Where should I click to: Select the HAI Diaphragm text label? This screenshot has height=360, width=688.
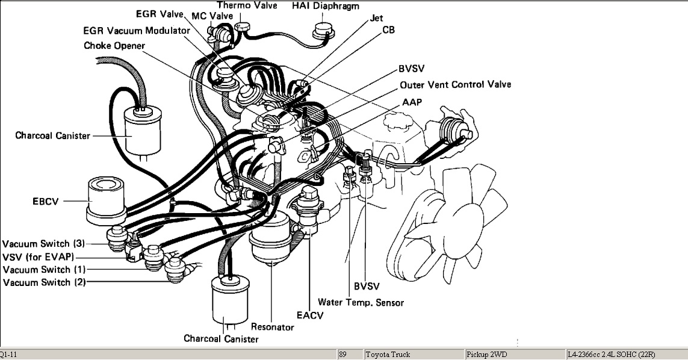(325, 6)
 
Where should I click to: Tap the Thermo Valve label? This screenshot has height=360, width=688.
(247, 5)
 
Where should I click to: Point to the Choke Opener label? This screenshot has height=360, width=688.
(113, 45)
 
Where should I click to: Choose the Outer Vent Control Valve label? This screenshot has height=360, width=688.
(455, 85)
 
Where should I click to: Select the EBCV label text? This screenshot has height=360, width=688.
(46, 201)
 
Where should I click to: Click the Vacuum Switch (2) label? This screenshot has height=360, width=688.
(43, 282)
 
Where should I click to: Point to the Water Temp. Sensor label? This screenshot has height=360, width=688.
(361, 302)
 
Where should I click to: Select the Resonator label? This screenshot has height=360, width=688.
(272, 327)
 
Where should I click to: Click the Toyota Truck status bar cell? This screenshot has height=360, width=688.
(388, 355)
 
